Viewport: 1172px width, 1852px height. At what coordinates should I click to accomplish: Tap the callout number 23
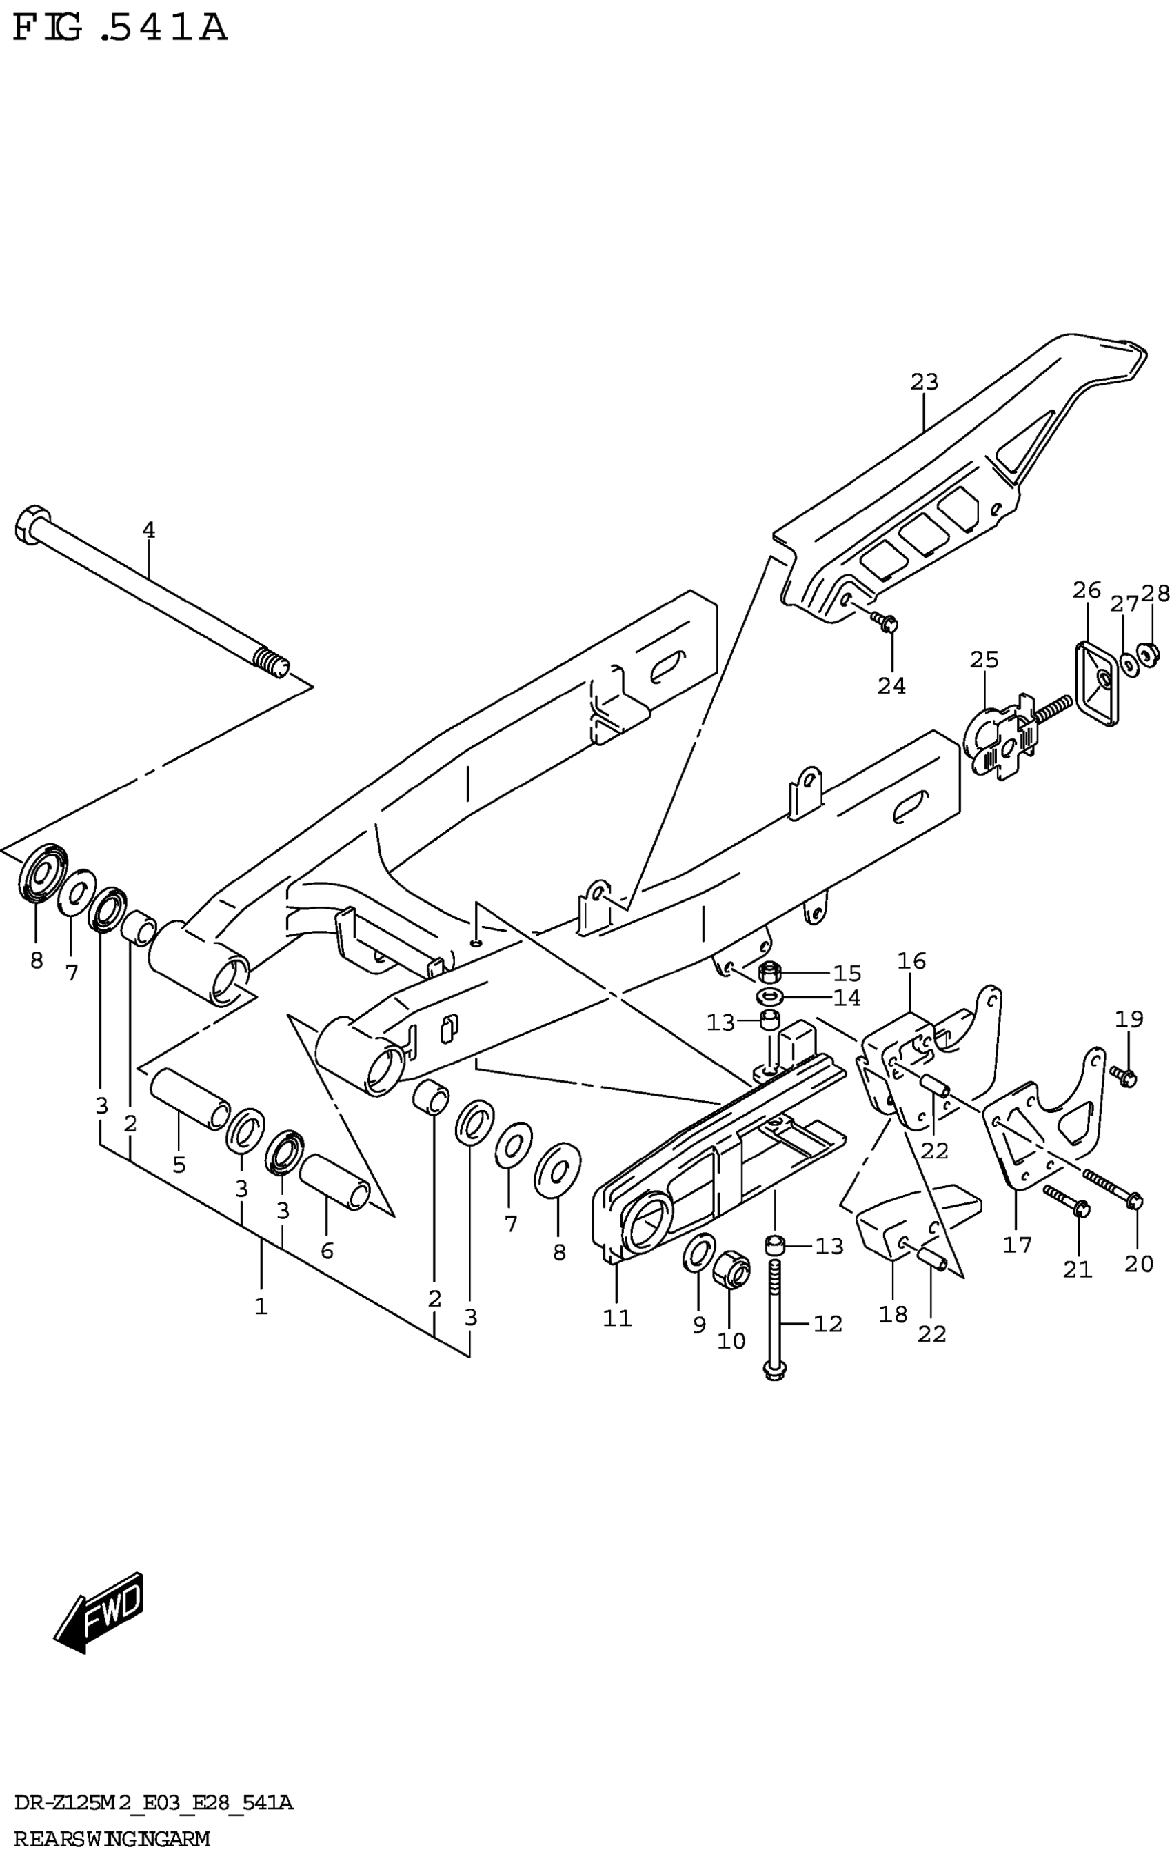coord(925,381)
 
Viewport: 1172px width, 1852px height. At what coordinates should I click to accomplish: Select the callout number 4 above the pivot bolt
coord(148,530)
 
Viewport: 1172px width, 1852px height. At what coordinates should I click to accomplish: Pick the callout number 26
coord(1087,591)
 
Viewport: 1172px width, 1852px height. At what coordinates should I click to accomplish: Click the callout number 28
coord(1155,593)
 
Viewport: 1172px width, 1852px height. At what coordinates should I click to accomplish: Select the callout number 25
coord(984,660)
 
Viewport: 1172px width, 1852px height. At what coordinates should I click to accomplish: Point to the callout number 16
coord(911,960)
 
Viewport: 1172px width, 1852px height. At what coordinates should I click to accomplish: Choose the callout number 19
coord(1129,1019)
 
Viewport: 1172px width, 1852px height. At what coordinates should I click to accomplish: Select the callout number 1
coord(261,1306)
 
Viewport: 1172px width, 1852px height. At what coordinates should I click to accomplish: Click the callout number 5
coord(179,1165)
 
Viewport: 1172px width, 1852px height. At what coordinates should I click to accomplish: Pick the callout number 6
coord(327,1251)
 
